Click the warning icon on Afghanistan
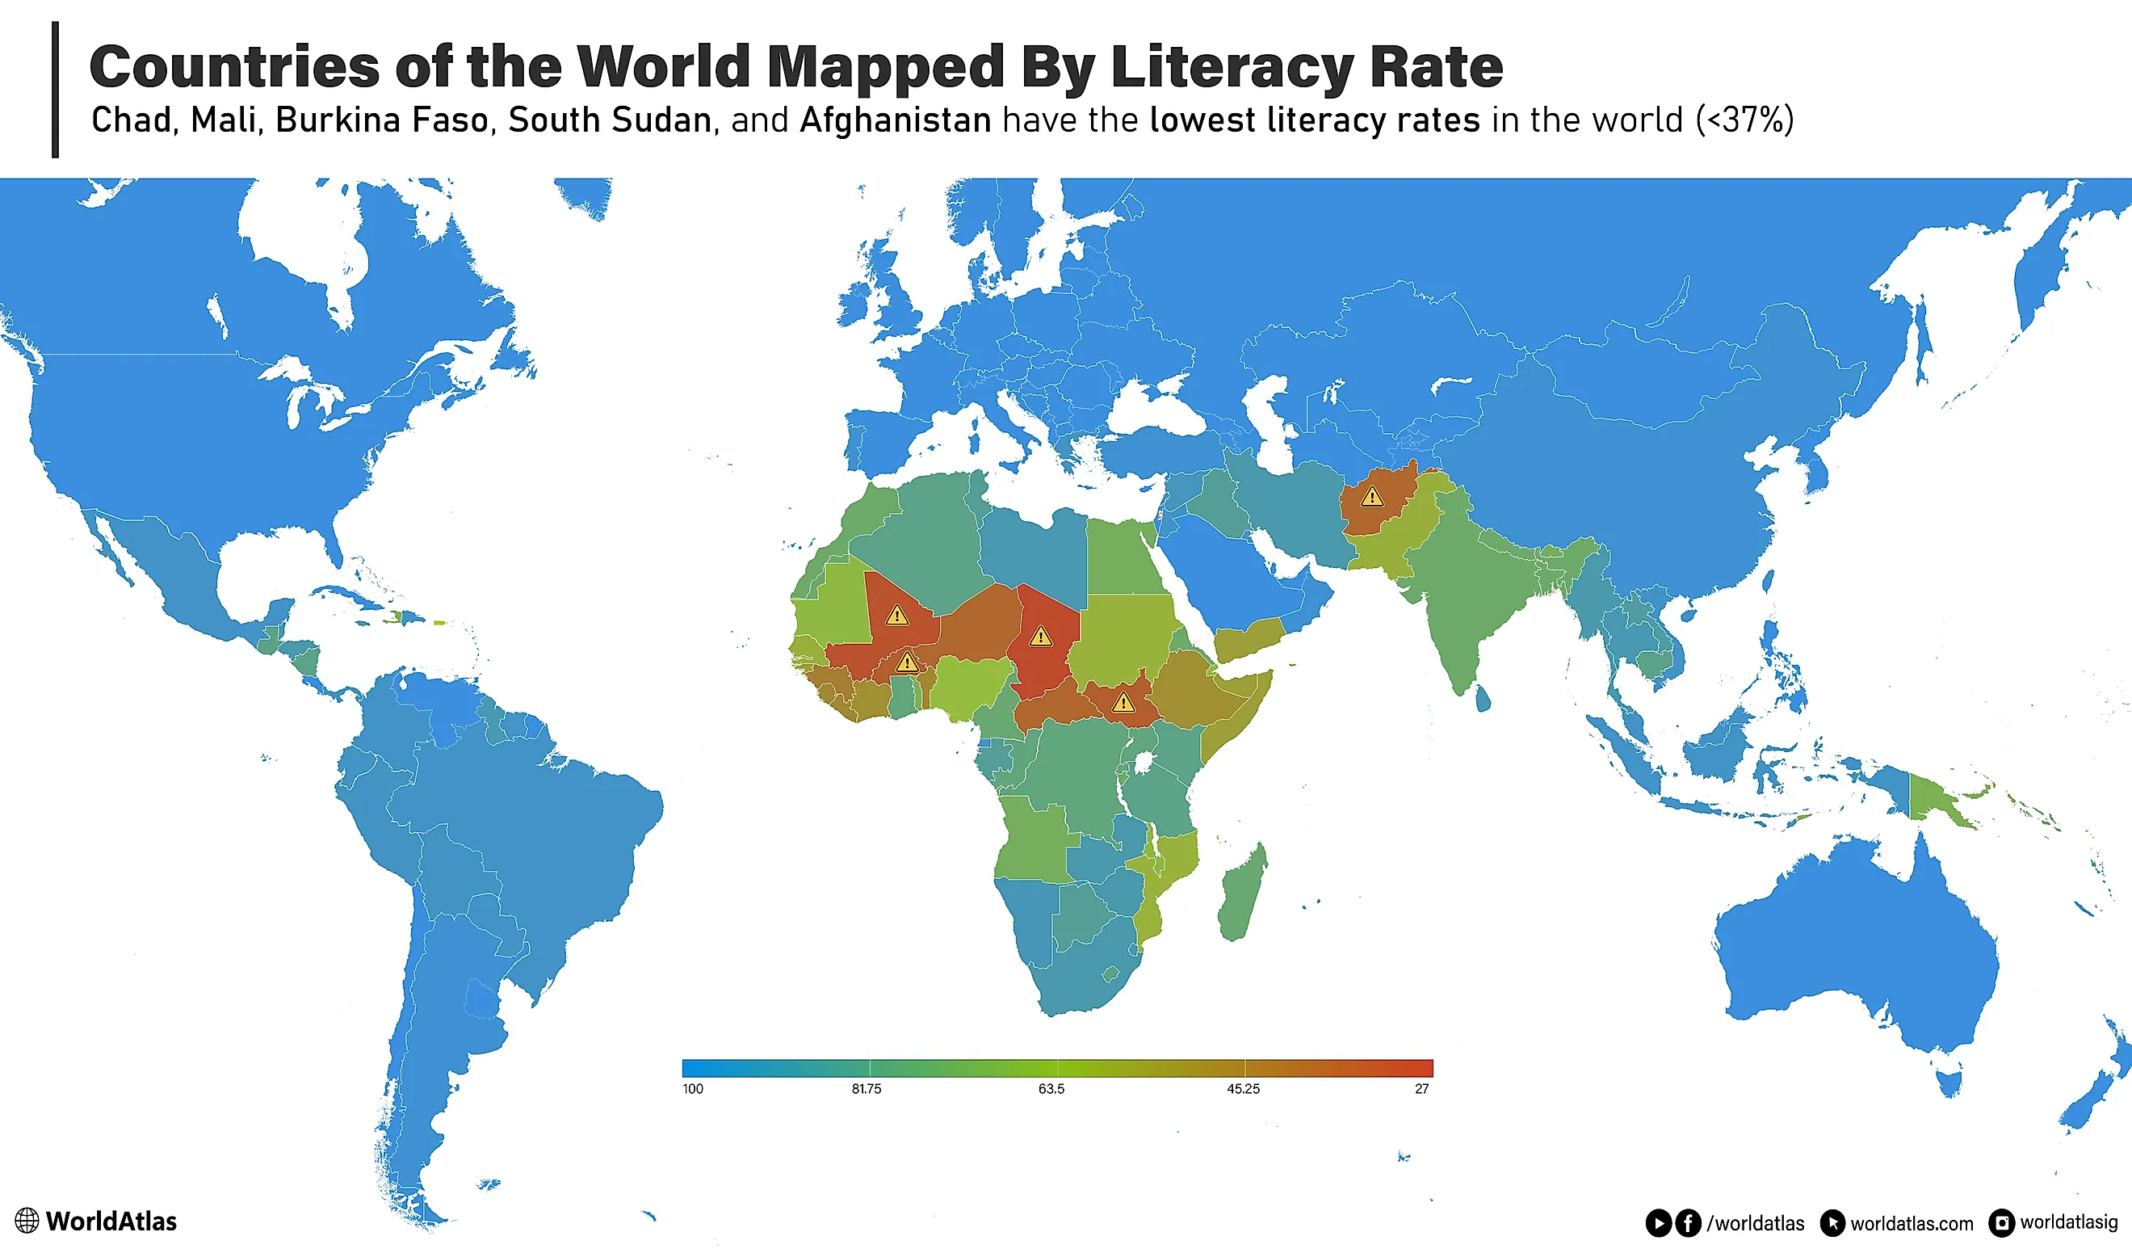(x=1371, y=497)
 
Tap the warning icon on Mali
(x=896, y=615)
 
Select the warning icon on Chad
(x=1041, y=636)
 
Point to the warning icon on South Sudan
(x=1123, y=701)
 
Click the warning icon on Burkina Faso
(x=907, y=662)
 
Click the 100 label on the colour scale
(x=693, y=1089)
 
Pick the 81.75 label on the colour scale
(x=867, y=1089)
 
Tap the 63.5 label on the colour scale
(x=1051, y=1089)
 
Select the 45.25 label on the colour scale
(x=1243, y=1089)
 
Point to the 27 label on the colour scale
(x=1422, y=1089)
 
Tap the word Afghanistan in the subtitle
(x=895, y=120)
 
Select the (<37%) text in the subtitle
(x=1744, y=120)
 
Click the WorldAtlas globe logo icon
(x=27, y=1220)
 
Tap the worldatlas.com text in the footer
(x=1912, y=1224)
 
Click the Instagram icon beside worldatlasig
(x=2001, y=1223)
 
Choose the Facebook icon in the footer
(x=1688, y=1223)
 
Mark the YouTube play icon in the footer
(x=1658, y=1223)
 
